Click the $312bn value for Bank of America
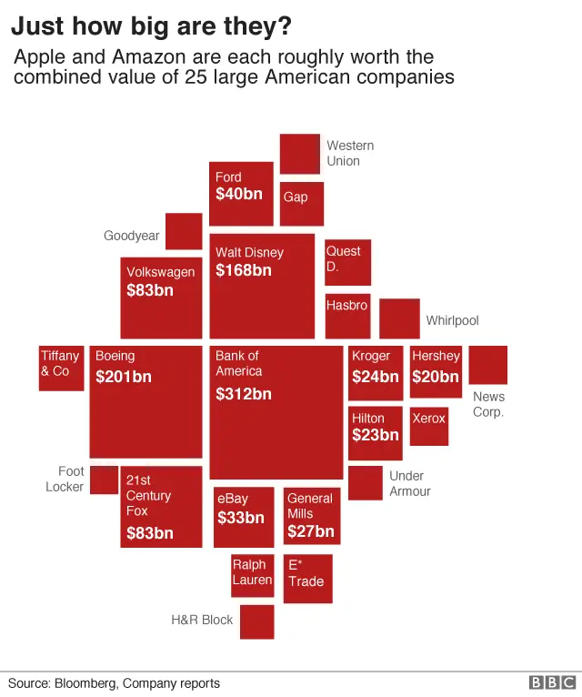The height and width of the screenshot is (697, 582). point(243,394)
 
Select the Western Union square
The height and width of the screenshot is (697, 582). point(299,153)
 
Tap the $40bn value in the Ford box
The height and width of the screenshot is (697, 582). point(238,194)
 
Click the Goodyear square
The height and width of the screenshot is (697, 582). point(183,231)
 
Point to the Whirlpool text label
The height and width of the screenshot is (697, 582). point(452,320)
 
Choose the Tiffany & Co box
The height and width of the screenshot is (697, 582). point(61,368)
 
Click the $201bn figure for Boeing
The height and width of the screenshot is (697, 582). point(123,376)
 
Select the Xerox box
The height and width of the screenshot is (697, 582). point(429,426)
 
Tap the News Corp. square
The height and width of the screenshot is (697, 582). point(487,365)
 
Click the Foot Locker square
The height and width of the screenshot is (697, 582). point(104,480)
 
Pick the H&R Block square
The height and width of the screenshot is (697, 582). point(256,621)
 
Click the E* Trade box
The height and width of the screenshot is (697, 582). point(308,578)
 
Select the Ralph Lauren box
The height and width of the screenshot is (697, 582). point(252,575)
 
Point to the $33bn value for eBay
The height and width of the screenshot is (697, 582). point(241,518)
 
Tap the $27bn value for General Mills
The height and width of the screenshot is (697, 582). point(311,531)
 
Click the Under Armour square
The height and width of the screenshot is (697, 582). point(365,483)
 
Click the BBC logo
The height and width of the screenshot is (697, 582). point(553,682)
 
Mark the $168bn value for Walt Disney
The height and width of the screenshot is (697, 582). point(243,270)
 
